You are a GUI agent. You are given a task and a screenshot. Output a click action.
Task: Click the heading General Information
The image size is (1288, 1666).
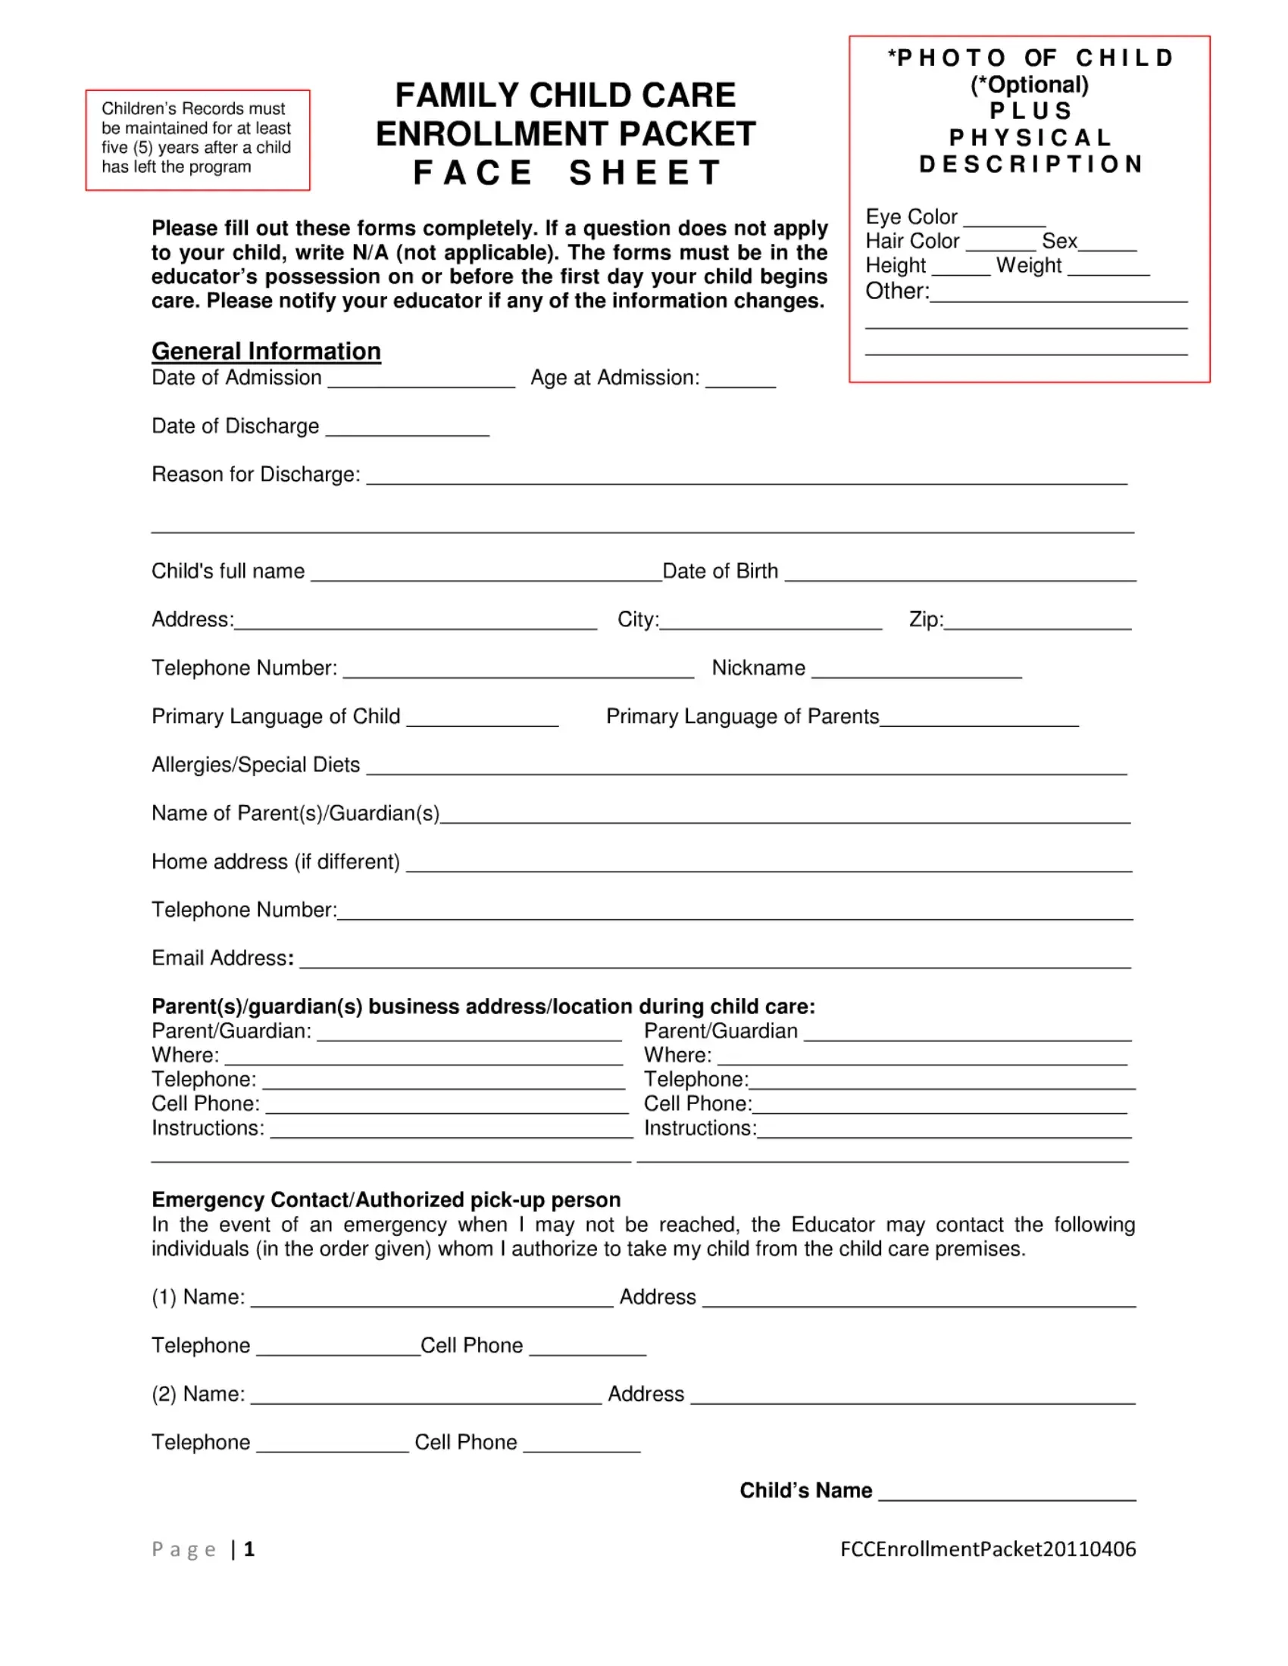pyautogui.click(x=265, y=351)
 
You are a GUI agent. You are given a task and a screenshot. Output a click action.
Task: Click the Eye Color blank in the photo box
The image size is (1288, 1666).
pyautogui.click(x=1003, y=220)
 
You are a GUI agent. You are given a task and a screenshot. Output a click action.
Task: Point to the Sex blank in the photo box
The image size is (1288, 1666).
pyautogui.click(x=1107, y=244)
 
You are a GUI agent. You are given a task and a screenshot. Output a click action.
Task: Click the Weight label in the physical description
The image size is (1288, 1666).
pyautogui.click(x=1028, y=266)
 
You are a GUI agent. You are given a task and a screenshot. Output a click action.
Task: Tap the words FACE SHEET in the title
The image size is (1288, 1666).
pyautogui.click(x=567, y=173)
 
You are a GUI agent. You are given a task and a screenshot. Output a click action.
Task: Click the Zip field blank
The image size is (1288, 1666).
pyautogui.click(x=1038, y=622)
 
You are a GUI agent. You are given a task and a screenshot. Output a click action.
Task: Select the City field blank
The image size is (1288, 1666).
pyautogui.click(x=771, y=622)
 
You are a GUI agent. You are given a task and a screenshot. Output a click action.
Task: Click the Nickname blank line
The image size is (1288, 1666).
pyautogui.click(x=917, y=671)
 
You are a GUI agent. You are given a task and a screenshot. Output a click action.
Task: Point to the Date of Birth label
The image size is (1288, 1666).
pyautogui.click(x=721, y=571)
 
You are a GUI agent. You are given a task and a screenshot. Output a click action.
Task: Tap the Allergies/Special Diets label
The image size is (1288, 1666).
pyautogui.click(x=255, y=765)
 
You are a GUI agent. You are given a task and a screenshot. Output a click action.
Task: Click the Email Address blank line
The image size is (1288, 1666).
pyautogui.click(x=715, y=961)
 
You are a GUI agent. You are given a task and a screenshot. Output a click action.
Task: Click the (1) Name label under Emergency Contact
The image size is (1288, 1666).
pyautogui.click(x=199, y=1297)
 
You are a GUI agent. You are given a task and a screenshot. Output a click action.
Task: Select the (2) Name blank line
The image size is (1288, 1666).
pyautogui.click(x=426, y=1397)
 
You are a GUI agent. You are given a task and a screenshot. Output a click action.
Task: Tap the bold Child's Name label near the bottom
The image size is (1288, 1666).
pyautogui.click(x=806, y=1490)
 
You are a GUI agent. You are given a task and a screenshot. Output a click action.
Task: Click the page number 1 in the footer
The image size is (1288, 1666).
pyautogui.click(x=249, y=1549)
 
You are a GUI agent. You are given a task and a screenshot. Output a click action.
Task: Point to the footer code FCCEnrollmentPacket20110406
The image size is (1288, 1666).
pyautogui.click(x=988, y=1549)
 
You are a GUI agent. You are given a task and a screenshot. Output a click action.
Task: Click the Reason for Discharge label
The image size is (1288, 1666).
pyautogui.click(x=255, y=475)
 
